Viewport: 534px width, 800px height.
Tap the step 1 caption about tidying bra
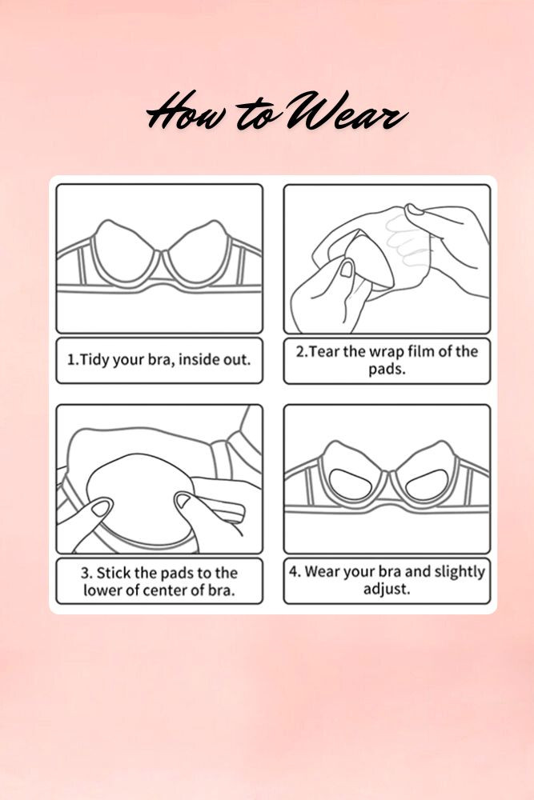tap(159, 359)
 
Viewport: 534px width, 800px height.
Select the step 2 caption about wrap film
tap(387, 359)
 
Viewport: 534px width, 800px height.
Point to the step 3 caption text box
tap(159, 582)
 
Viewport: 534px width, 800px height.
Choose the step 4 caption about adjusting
tap(387, 581)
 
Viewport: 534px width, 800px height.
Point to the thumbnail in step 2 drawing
tap(347, 269)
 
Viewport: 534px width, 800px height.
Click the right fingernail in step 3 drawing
tap(183, 501)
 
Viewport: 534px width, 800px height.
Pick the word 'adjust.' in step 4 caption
tap(387, 590)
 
